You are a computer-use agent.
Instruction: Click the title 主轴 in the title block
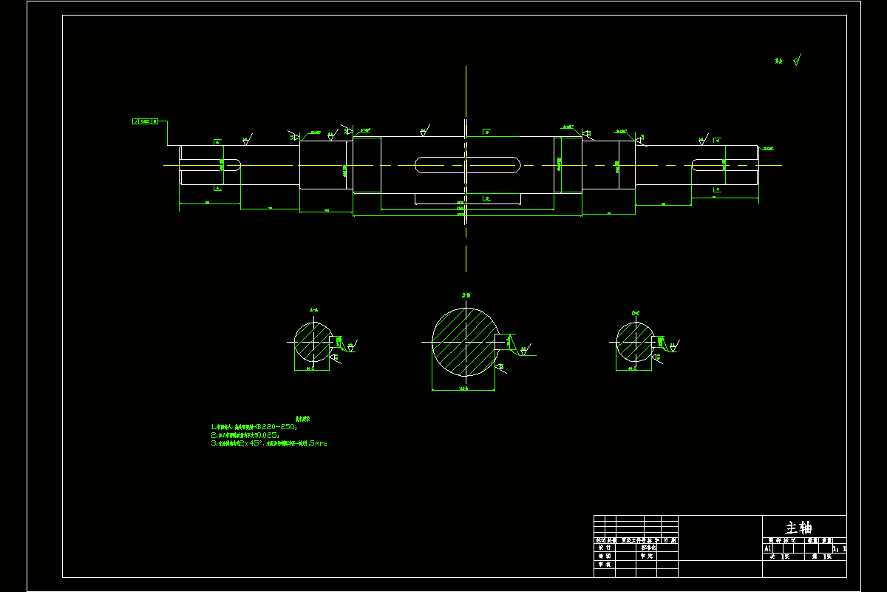(x=798, y=528)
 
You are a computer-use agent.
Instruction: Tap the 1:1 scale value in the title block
(x=839, y=549)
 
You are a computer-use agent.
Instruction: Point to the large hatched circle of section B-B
(x=464, y=342)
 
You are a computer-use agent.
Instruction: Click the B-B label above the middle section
(x=466, y=295)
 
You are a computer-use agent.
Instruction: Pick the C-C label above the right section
(x=636, y=313)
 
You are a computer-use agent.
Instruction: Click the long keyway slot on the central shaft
(x=468, y=164)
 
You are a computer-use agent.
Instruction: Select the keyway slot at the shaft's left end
(x=211, y=165)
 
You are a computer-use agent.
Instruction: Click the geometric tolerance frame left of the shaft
(x=146, y=121)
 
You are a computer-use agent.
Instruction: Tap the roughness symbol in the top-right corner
(x=791, y=61)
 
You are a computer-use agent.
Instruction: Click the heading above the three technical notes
(x=303, y=418)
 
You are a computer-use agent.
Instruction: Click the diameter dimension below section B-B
(x=463, y=388)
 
